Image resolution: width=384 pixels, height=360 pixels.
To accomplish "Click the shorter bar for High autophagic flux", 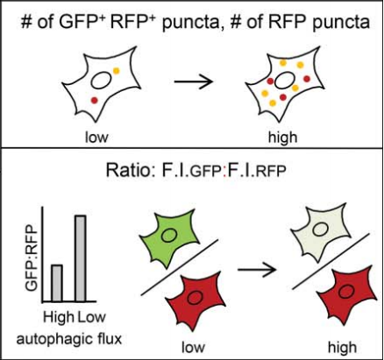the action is pos(57,283).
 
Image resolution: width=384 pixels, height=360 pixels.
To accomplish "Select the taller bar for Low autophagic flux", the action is pos(81,258).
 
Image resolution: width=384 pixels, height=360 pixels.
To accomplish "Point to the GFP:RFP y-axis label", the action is pos(32,258).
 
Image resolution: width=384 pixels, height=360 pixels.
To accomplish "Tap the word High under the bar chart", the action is pos(59,317).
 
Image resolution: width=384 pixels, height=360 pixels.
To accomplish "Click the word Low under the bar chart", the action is pos(91,317).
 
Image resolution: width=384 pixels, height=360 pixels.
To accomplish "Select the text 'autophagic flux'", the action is pos(69,339).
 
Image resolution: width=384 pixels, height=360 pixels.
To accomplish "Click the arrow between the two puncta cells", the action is pos(194,81).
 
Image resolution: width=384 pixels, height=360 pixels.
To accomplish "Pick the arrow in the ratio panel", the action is pos(257,269).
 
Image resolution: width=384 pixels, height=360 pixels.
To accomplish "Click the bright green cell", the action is pos(168,236).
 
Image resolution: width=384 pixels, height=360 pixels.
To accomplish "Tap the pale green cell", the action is pos(320,230).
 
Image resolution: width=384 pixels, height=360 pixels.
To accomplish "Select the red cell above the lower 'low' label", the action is pos(195,300).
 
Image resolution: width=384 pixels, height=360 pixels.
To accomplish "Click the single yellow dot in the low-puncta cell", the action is pos(116,71).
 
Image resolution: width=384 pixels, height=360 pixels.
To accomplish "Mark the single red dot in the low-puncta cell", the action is pos(94,100).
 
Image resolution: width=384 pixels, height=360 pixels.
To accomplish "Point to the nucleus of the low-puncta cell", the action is pos(101,81).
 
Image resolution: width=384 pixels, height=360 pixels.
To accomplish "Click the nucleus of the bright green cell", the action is pos(168,235).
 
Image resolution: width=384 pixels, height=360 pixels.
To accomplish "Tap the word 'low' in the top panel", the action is pos(96,137).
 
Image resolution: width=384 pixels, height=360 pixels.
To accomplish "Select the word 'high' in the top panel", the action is pos(282,138).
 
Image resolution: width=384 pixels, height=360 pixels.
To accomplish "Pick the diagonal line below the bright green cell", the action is pos(180,267).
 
